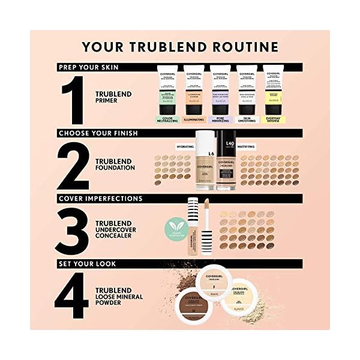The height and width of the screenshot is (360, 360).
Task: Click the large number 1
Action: pyautogui.click(x=75, y=98)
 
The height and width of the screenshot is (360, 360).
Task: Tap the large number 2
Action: pyautogui.click(x=73, y=163)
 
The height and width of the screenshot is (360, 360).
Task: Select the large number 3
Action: pyautogui.click(x=74, y=229)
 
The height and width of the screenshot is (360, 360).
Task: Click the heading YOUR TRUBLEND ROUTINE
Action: pyautogui.click(x=180, y=47)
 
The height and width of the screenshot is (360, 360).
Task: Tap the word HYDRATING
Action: pyautogui.click(x=184, y=146)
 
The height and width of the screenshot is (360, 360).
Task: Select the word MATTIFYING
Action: pyautogui.click(x=248, y=146)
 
